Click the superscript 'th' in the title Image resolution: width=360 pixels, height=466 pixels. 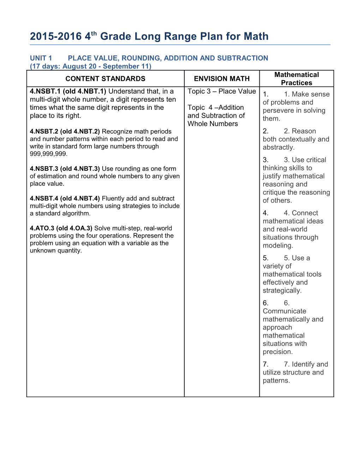coord(94,34)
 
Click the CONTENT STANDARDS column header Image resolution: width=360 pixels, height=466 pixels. coord(105,79)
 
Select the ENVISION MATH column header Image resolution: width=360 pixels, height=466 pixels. coord(222,79)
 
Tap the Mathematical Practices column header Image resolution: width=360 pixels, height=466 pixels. coord(296,79)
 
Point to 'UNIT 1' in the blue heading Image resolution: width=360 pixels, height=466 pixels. coord(41,58)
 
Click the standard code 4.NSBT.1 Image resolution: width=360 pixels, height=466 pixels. coord(45,91)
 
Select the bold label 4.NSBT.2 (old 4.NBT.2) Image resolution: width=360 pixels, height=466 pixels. coord(65,132)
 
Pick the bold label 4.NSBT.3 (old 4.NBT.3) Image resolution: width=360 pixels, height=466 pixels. coord(65,169)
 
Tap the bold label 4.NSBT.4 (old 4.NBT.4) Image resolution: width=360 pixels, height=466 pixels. coord(65,198)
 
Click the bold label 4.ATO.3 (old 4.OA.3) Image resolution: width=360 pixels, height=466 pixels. coord(61,228)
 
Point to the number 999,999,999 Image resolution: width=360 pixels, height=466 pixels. coord(48,154)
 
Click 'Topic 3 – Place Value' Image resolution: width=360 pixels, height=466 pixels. coord(222,91)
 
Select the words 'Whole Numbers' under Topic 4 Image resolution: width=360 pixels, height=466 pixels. coord(213,124)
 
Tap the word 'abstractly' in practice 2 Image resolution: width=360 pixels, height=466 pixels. coord(278,148)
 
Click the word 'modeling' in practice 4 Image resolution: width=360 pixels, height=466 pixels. coord(277,246)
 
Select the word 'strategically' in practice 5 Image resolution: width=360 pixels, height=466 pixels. coord(281,291)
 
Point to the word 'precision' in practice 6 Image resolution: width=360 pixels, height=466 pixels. coord(277,352)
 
